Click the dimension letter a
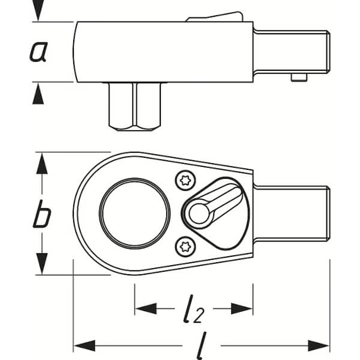pyautogui.click(x=38, y=52)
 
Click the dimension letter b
pyautogui.click(x=42, y=214)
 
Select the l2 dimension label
pyautogui.click(x=193, y=309)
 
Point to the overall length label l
pyautogui.click(x=202, y=346)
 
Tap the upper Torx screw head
pyautogui.click(x=185, y=181)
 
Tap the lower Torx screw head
pyautogui.click(x=185, y=247)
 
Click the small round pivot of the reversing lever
pyautogui.click(x=199, y=214)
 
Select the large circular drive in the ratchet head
pyautogui.click(x=135, y=214)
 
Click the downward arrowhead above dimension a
pyautogui.click(x=38, y=10)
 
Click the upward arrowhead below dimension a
pyautogui.click(x=38, y=94)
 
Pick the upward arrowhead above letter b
pyautogui.click(x=42, y=163)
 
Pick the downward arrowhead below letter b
pyautogui.click(x=42, y=263)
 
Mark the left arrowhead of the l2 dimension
pyautogui.click(x=146, y=308)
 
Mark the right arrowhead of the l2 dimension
pyautogui.click(x=242, y=308)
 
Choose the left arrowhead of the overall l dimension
pyautogui.click(x=85, y=346)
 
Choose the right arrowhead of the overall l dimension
pyautogui.click(x=319, y=346)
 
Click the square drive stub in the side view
pyautogui.click(x=135, y=107)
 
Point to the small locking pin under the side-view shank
pyautogui.click(x=299, y=77)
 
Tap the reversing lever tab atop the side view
pyautogui.click(x=215, y=17)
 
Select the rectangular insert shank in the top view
pyautogui.click(x=292, y=214)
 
